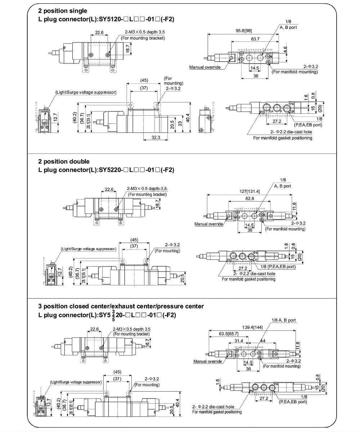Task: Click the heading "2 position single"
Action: point(62,11)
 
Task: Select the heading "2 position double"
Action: point(64,161)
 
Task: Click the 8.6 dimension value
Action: point(285,50)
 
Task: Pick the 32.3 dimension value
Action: point(156,137)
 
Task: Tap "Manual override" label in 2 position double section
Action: point(209,224)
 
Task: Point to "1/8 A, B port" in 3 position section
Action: point(284,320)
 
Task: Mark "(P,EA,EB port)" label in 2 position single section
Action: point(308,125)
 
